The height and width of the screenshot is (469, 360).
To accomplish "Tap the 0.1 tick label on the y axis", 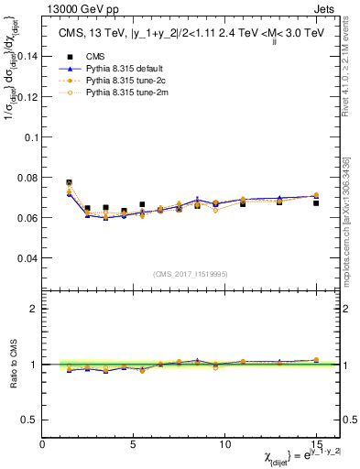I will pos(29,136).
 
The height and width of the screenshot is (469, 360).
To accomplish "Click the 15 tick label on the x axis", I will pos(316,443).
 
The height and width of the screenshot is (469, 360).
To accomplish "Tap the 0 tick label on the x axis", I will pos(43,443).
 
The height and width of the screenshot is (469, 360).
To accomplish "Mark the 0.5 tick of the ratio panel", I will pos(29,420).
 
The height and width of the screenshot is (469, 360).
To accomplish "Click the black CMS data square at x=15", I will pos(316,202).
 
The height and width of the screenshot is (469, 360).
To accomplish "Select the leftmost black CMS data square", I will pos(69,183).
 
